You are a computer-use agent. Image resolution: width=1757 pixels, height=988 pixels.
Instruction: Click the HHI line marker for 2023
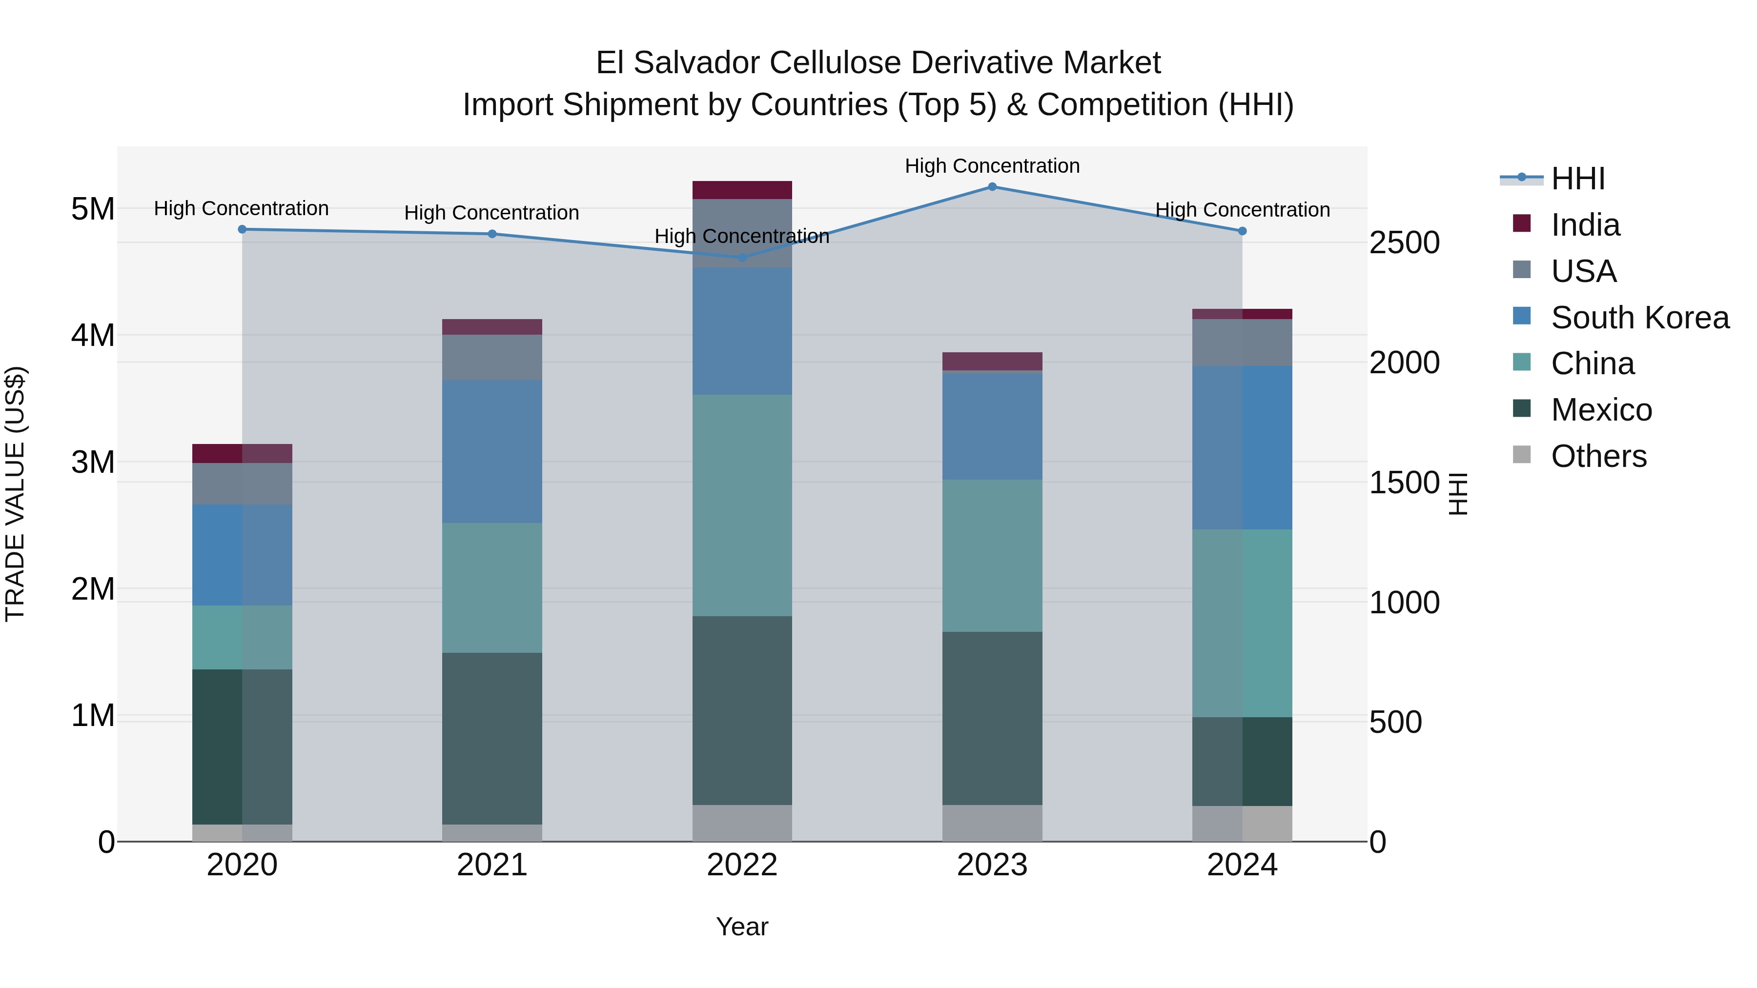[x=992, y=187]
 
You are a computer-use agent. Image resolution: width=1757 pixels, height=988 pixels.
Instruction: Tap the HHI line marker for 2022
[x=742, y=257]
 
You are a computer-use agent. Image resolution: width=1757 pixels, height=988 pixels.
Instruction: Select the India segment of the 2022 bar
[x=742, y=190]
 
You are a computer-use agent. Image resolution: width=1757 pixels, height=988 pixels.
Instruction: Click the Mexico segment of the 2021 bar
[x=492, y=739]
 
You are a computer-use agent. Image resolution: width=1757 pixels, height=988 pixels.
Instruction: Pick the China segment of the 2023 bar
[x=992, y=555]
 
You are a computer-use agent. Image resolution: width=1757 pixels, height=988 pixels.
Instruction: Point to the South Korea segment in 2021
[x=492, y=451]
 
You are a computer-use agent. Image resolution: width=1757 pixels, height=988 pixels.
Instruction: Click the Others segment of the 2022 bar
[x=742, y=823]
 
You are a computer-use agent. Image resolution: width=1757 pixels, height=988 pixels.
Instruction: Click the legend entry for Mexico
[x=1601, y=410]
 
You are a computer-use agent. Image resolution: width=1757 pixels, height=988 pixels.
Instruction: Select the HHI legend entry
[x=1577, y=179]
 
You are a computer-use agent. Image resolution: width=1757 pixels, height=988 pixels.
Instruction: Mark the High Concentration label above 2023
[x=992, y=166]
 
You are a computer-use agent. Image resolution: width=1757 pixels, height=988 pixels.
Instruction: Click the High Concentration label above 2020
[x=242, y=208]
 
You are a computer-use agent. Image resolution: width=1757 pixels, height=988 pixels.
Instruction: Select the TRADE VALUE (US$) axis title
[x=15, y=494]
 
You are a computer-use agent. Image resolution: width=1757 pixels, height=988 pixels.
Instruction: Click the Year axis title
[x=742, y=927]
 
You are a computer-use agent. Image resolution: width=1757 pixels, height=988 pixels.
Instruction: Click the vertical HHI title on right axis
[x=1457, y=494]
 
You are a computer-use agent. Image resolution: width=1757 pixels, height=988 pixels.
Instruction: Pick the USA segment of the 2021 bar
[x=492, y=357]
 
